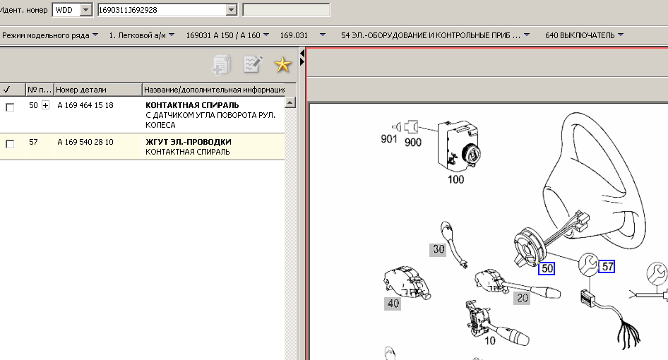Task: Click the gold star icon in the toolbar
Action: point(282,65)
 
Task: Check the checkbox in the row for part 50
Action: point(10,107)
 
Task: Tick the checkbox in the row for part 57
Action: point(10,144)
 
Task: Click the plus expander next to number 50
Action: point(46,105)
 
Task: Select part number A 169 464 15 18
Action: point(85,105)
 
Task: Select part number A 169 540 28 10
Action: point(85,142)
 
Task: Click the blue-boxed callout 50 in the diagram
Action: point(547,268)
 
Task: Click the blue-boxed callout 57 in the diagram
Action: point(607,267)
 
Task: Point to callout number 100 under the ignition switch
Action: point(455,179)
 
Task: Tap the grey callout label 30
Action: point(439,249)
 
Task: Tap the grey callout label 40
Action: point(393,304)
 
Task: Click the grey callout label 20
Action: point(523,298)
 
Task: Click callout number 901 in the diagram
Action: point(388,139)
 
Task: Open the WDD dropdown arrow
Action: point(86,10)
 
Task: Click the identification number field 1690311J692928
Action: point(162,10)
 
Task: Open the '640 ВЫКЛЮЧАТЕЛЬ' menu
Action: point(584,35)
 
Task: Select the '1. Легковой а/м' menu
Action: point(141,35)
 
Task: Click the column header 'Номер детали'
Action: point(81,90)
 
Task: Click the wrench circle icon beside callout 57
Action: point(588,264)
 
